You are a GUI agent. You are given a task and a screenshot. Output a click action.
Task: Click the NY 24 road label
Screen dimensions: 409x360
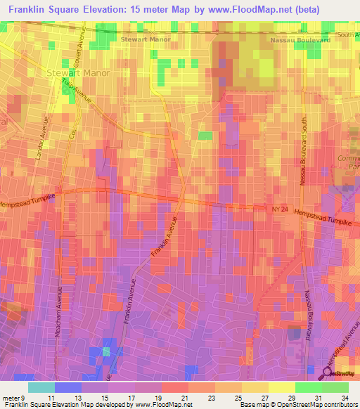pyautogui.click(x=260, y=209)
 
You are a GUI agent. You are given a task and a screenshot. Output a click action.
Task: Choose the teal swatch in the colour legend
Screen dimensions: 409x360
pyautogui.click(x=41, y=387)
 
